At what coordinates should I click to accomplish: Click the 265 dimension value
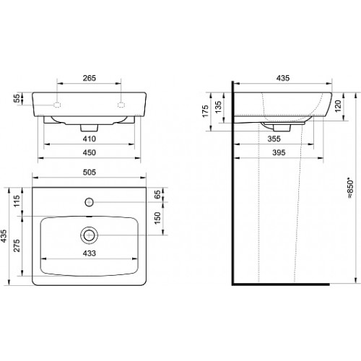coord(90,78)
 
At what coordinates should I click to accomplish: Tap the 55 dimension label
coord(17,98)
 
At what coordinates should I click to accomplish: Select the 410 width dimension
coord(90,139)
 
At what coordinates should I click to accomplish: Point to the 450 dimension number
coord(90,152)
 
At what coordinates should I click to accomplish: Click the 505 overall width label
coord(90,173)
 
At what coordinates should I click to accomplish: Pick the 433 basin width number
coord(90,253)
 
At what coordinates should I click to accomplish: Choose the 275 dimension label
coord(17,245)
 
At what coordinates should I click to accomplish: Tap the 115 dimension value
coord(17,201)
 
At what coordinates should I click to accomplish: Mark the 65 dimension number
coord(157,194)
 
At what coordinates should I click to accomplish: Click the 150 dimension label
coord(157,218)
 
